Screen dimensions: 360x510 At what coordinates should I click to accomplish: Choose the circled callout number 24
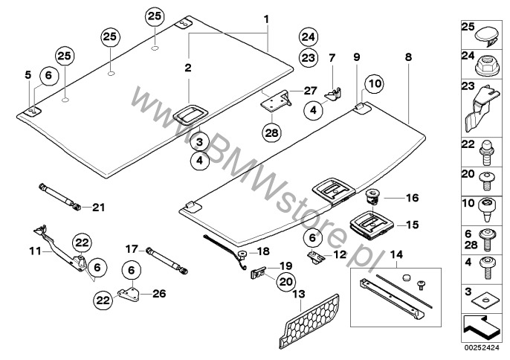click(x=308, y=36)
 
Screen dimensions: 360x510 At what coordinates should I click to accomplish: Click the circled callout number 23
click(x=308, y=57)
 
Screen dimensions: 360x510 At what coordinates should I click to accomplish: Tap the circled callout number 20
click(x=285, y=281)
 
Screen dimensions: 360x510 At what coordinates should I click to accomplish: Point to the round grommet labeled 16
click(x=372, y=199)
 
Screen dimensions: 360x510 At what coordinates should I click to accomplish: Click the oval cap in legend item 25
click(x=487, y=33)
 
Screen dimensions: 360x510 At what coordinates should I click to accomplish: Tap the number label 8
click(x=407, y=57)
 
